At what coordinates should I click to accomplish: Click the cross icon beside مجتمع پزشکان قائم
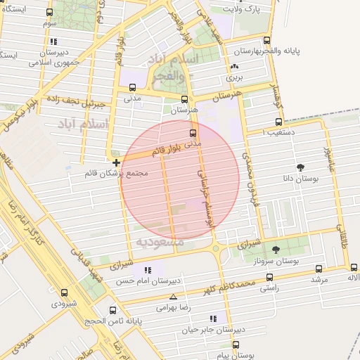click(x=116, y=162)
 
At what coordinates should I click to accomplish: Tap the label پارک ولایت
click(x=243, y=9)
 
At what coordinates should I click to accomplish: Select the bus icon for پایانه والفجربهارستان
click(x=266, y=41)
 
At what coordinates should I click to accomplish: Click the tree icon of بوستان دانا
click(x=302, y=167)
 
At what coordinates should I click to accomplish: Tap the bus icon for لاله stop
click(x=354, y=268)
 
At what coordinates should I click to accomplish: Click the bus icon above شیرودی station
click(x=65, y=292)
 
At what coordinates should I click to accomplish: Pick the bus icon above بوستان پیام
click(x=236, y=345)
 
